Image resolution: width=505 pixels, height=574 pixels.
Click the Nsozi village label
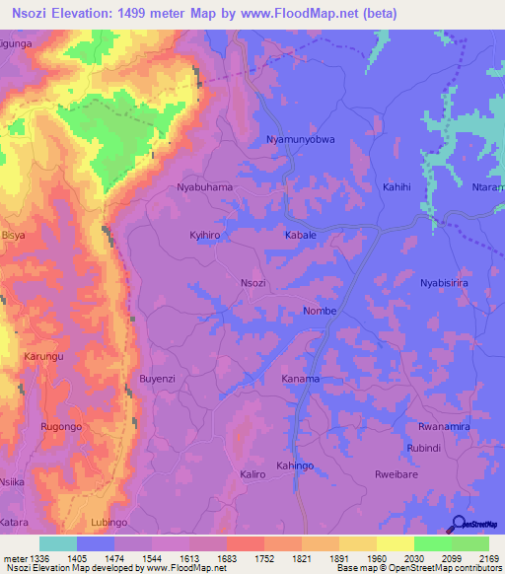(x=253, y=283)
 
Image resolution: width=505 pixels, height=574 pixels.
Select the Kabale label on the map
(x=300, y=237)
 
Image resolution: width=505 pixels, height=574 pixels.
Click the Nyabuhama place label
(x=204, y=186)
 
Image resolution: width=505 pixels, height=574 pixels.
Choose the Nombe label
(x=320, y=312)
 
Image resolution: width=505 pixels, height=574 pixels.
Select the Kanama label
(x=301, y=379)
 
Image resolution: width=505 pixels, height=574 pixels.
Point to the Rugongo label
(x=60, y=426)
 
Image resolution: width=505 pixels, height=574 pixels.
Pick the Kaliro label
(x=252, y=474)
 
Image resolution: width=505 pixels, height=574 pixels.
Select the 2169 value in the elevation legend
(x=489, y=559)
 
